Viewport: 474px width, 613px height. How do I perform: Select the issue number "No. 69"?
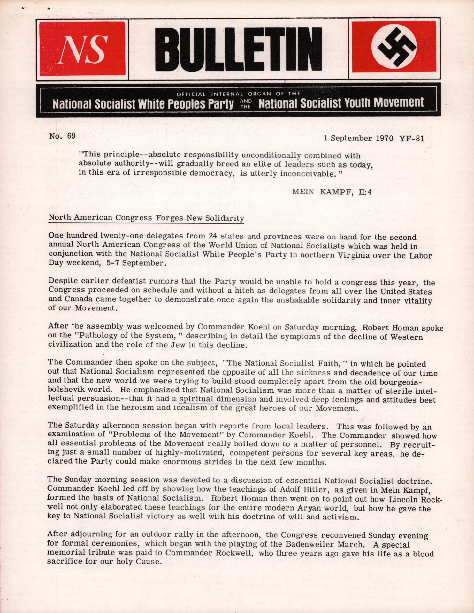tap(62, 136)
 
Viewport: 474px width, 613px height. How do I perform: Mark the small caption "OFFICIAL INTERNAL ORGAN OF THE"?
tap(238, 94)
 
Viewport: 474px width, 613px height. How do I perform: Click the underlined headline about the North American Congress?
tap(146, 218)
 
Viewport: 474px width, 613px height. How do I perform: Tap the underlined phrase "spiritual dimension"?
tap(218, 399)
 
